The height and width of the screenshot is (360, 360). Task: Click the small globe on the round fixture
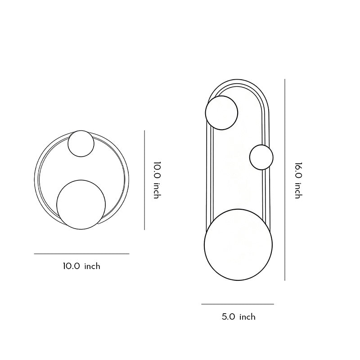[81, 144]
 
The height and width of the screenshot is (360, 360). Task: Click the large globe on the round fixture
[81, 204]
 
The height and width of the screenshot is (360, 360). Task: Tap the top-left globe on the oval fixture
[221, 112]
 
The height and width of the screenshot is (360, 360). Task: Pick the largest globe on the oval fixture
[238, 246]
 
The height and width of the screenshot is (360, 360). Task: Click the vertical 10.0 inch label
[157, 180]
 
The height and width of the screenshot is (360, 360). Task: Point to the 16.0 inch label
[298, 180]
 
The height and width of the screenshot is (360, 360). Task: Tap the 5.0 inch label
[238, 317]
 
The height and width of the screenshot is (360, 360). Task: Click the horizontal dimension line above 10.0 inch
[81, 254]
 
